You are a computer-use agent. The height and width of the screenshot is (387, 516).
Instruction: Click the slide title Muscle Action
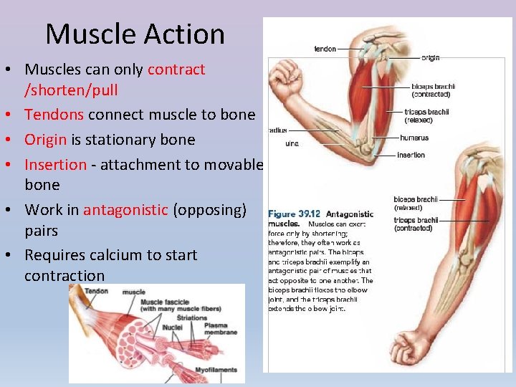[x=135, y=34]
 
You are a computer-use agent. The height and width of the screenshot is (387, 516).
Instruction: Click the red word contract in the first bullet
[x=176, y=70]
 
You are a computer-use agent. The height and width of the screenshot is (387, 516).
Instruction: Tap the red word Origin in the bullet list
[x=46, y=139]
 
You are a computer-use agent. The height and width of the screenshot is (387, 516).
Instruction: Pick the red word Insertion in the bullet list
[x=55, y=164]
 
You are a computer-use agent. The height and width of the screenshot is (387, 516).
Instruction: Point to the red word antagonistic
[x=125, y=210]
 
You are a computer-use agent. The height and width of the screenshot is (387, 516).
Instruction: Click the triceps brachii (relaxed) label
[x=429, y=115]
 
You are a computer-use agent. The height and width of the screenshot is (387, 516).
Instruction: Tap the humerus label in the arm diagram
[x=414, y=138]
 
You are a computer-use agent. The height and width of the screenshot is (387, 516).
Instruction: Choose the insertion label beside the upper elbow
[x=411, y=155]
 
